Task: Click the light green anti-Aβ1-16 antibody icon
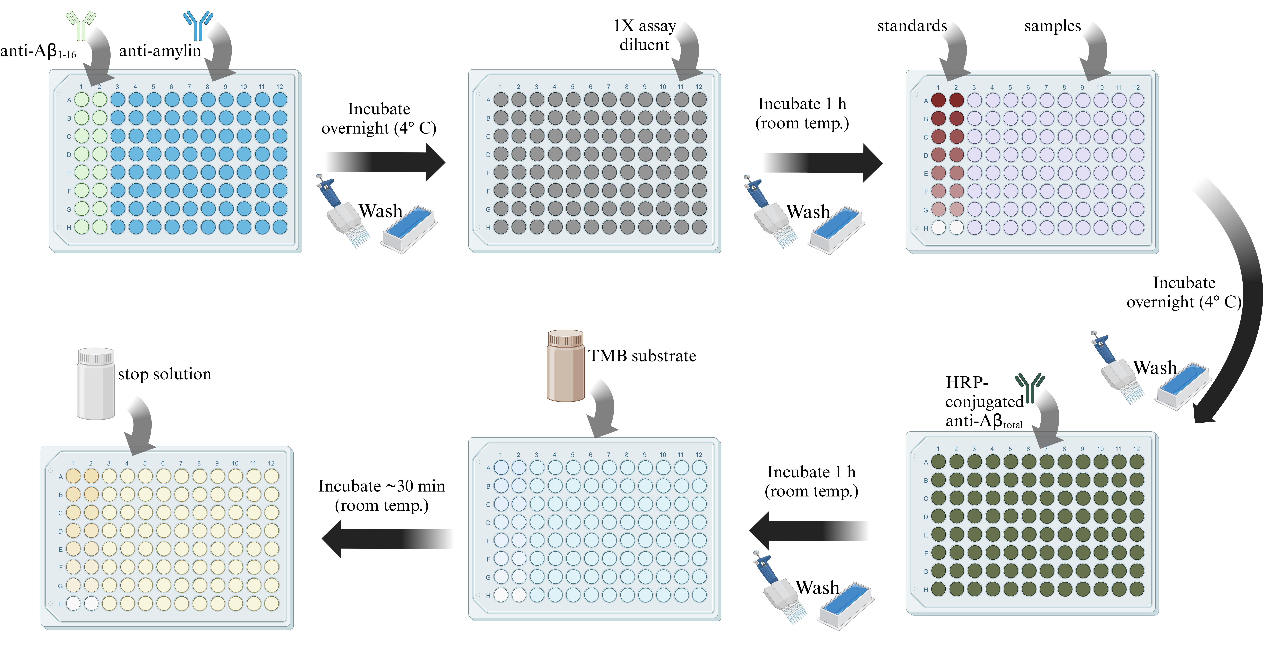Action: pyautogui.click(x=81, y=26)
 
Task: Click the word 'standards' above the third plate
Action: pyautogui.click(x=912, y=26)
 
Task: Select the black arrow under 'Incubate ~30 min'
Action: pyautogui.click(x=387, y=538)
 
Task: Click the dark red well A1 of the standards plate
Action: pyautogui.click(x=938, y=100)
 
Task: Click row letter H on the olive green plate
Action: pyautogui.click(x=926, y=590)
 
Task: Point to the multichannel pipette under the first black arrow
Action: pyautogui.click(x=343, y=210)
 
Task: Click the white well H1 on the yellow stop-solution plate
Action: pyautogui.click(x=73, y=604)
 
